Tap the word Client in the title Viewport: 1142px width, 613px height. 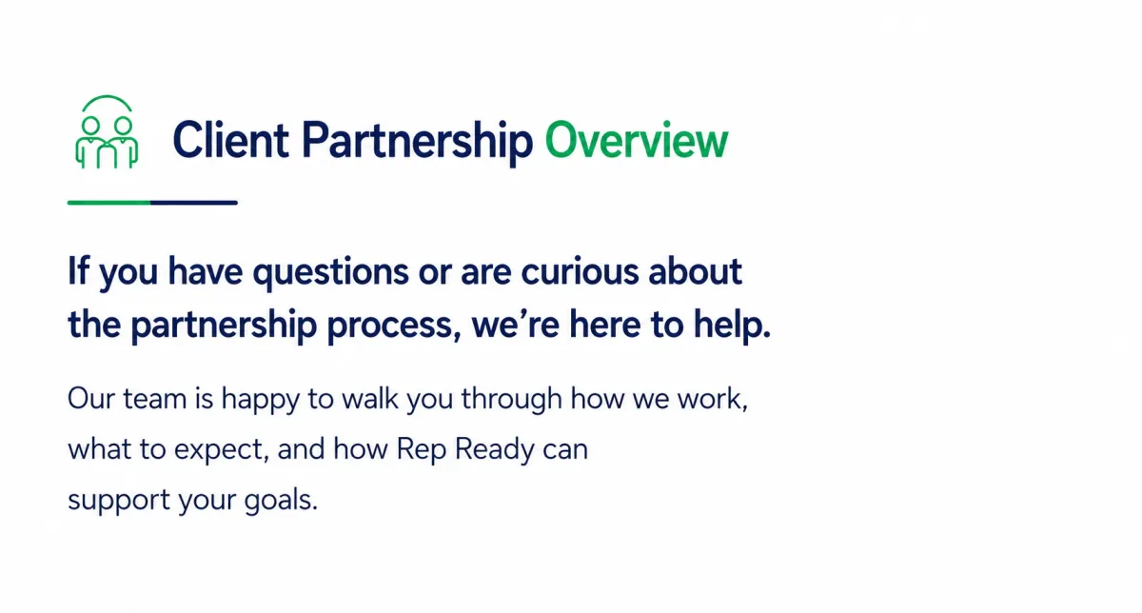231,139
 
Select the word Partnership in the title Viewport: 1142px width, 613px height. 418,144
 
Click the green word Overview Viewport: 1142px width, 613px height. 637,140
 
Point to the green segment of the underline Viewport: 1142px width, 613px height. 109,203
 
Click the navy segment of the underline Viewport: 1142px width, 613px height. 194,203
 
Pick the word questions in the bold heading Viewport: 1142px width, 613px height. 331,273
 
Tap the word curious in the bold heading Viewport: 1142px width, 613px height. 580,270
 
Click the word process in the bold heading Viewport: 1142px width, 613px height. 390,326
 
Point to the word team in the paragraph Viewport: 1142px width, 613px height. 155,399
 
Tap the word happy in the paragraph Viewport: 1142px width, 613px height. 261,401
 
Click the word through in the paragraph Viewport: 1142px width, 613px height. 512,401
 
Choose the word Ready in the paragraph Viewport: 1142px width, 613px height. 495,451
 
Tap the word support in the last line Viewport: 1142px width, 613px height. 119,501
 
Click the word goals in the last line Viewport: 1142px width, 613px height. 281,501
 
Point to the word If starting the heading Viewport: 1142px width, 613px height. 78,270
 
